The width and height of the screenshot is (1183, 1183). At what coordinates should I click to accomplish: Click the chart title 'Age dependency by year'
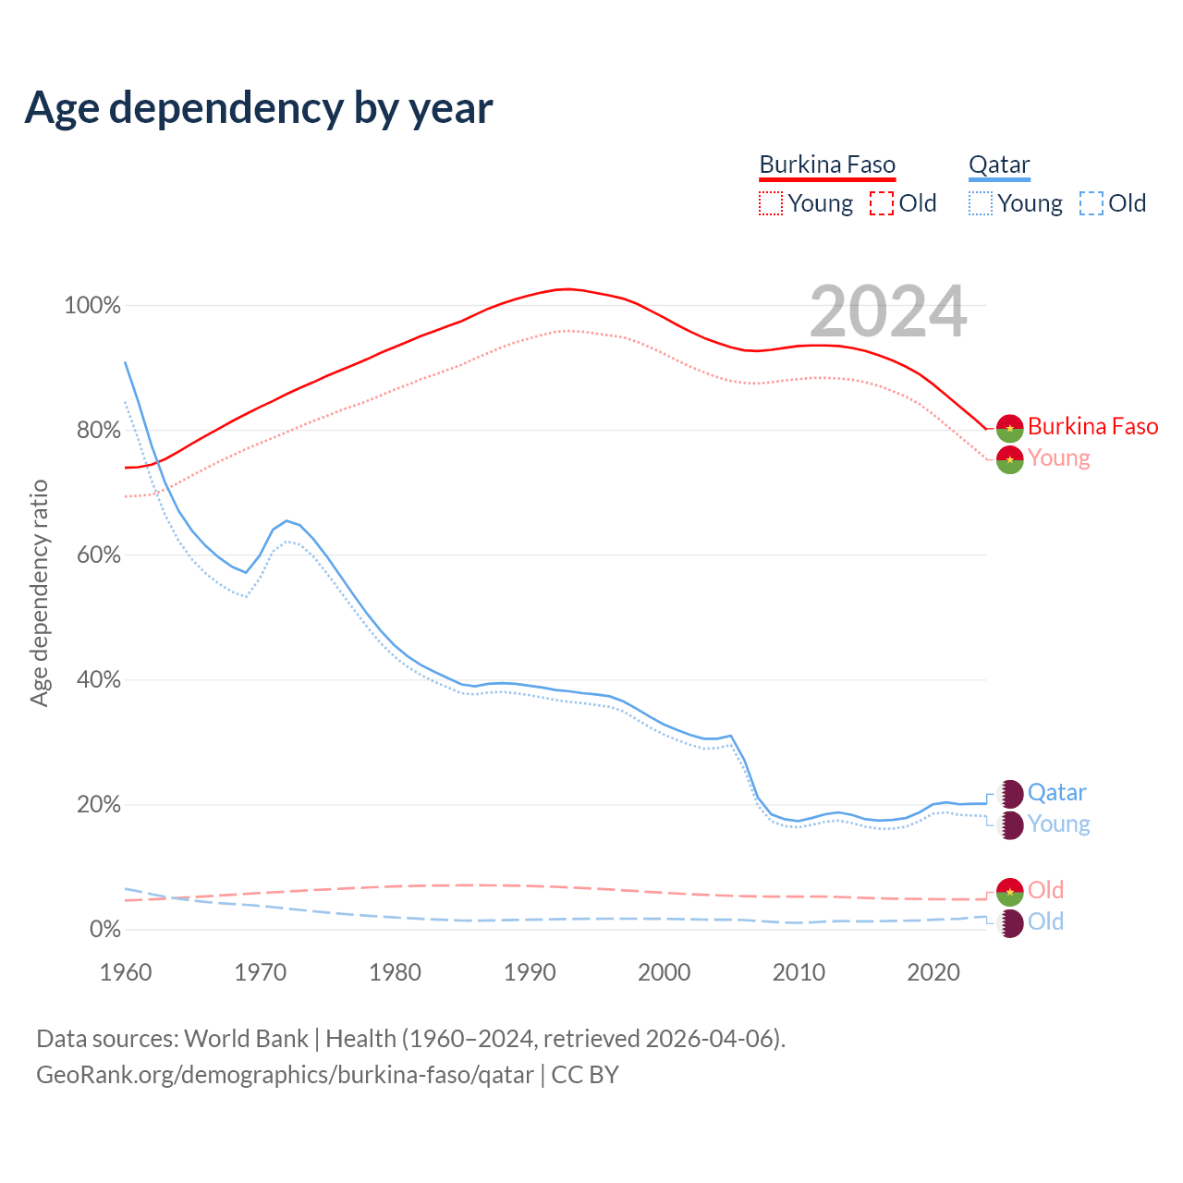tap(259, 108)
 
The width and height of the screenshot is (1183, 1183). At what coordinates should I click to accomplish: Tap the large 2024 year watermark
tap(888, 312)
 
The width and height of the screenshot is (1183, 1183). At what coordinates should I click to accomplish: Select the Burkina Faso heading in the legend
tap(827, 165)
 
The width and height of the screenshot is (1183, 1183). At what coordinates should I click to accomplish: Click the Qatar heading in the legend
tap(999, 165)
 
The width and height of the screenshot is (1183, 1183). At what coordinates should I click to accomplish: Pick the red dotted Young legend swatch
tap(770, 203)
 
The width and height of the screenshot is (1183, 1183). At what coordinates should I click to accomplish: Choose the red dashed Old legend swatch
tap(882, 203)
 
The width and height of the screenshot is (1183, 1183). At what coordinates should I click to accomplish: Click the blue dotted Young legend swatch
tap(981, 203)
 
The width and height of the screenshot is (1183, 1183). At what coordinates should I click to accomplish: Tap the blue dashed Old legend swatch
tap(1092, 203)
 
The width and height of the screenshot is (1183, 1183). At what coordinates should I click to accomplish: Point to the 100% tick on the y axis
tap(92, 306)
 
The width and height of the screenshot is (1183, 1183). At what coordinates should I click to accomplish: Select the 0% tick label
tap(104, 930)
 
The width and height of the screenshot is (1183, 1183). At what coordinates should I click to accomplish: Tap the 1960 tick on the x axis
tap(126, 972)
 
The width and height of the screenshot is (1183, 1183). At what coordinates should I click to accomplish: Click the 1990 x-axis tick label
tap(530, 972)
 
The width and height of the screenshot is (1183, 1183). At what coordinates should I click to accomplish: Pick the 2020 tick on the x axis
tap(933, 972)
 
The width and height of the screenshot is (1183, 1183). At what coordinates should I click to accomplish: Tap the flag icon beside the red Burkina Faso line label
tap(1010, 427)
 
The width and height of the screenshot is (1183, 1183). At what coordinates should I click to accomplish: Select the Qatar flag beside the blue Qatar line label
tap(1010, 793)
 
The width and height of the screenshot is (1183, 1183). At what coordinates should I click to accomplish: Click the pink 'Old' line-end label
tap(1045, 890)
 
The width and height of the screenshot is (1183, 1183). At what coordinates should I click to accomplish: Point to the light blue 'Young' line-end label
tap(1058, 824)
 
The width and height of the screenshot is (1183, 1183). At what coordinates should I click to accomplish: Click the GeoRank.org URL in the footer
tap(285, 1075)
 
